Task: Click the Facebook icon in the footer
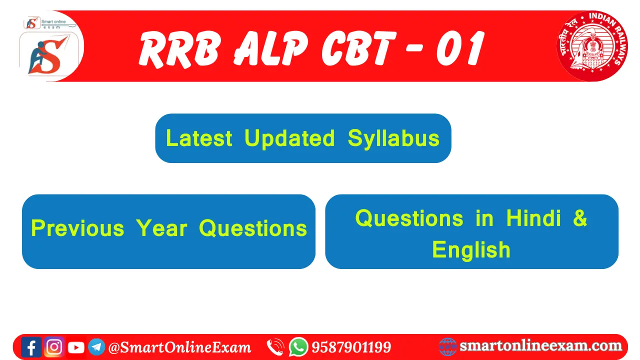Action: tap(31, 347)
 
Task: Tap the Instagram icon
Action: tap(54, 347)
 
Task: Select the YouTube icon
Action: tap(76, 347)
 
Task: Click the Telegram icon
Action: tap(96, 347)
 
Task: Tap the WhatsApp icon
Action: tap(298, 347)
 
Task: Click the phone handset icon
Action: tap(275, 347)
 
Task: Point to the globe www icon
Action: tap(447, 347)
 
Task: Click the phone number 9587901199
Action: tap(351, 347)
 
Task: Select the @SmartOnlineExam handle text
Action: tap(179, 347)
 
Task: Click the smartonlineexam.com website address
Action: tap(541, 345)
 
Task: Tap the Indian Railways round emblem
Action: tap(592, 45)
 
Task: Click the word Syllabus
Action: tap(393, 138)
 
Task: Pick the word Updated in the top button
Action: tap(289, 138)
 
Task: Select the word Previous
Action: tap(77, 228)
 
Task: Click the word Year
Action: tap(161, 228)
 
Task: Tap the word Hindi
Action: tap(533, 218)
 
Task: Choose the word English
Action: tap(471, 249)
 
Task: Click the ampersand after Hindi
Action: tap(580, 218)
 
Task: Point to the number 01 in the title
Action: tap(460, 48)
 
